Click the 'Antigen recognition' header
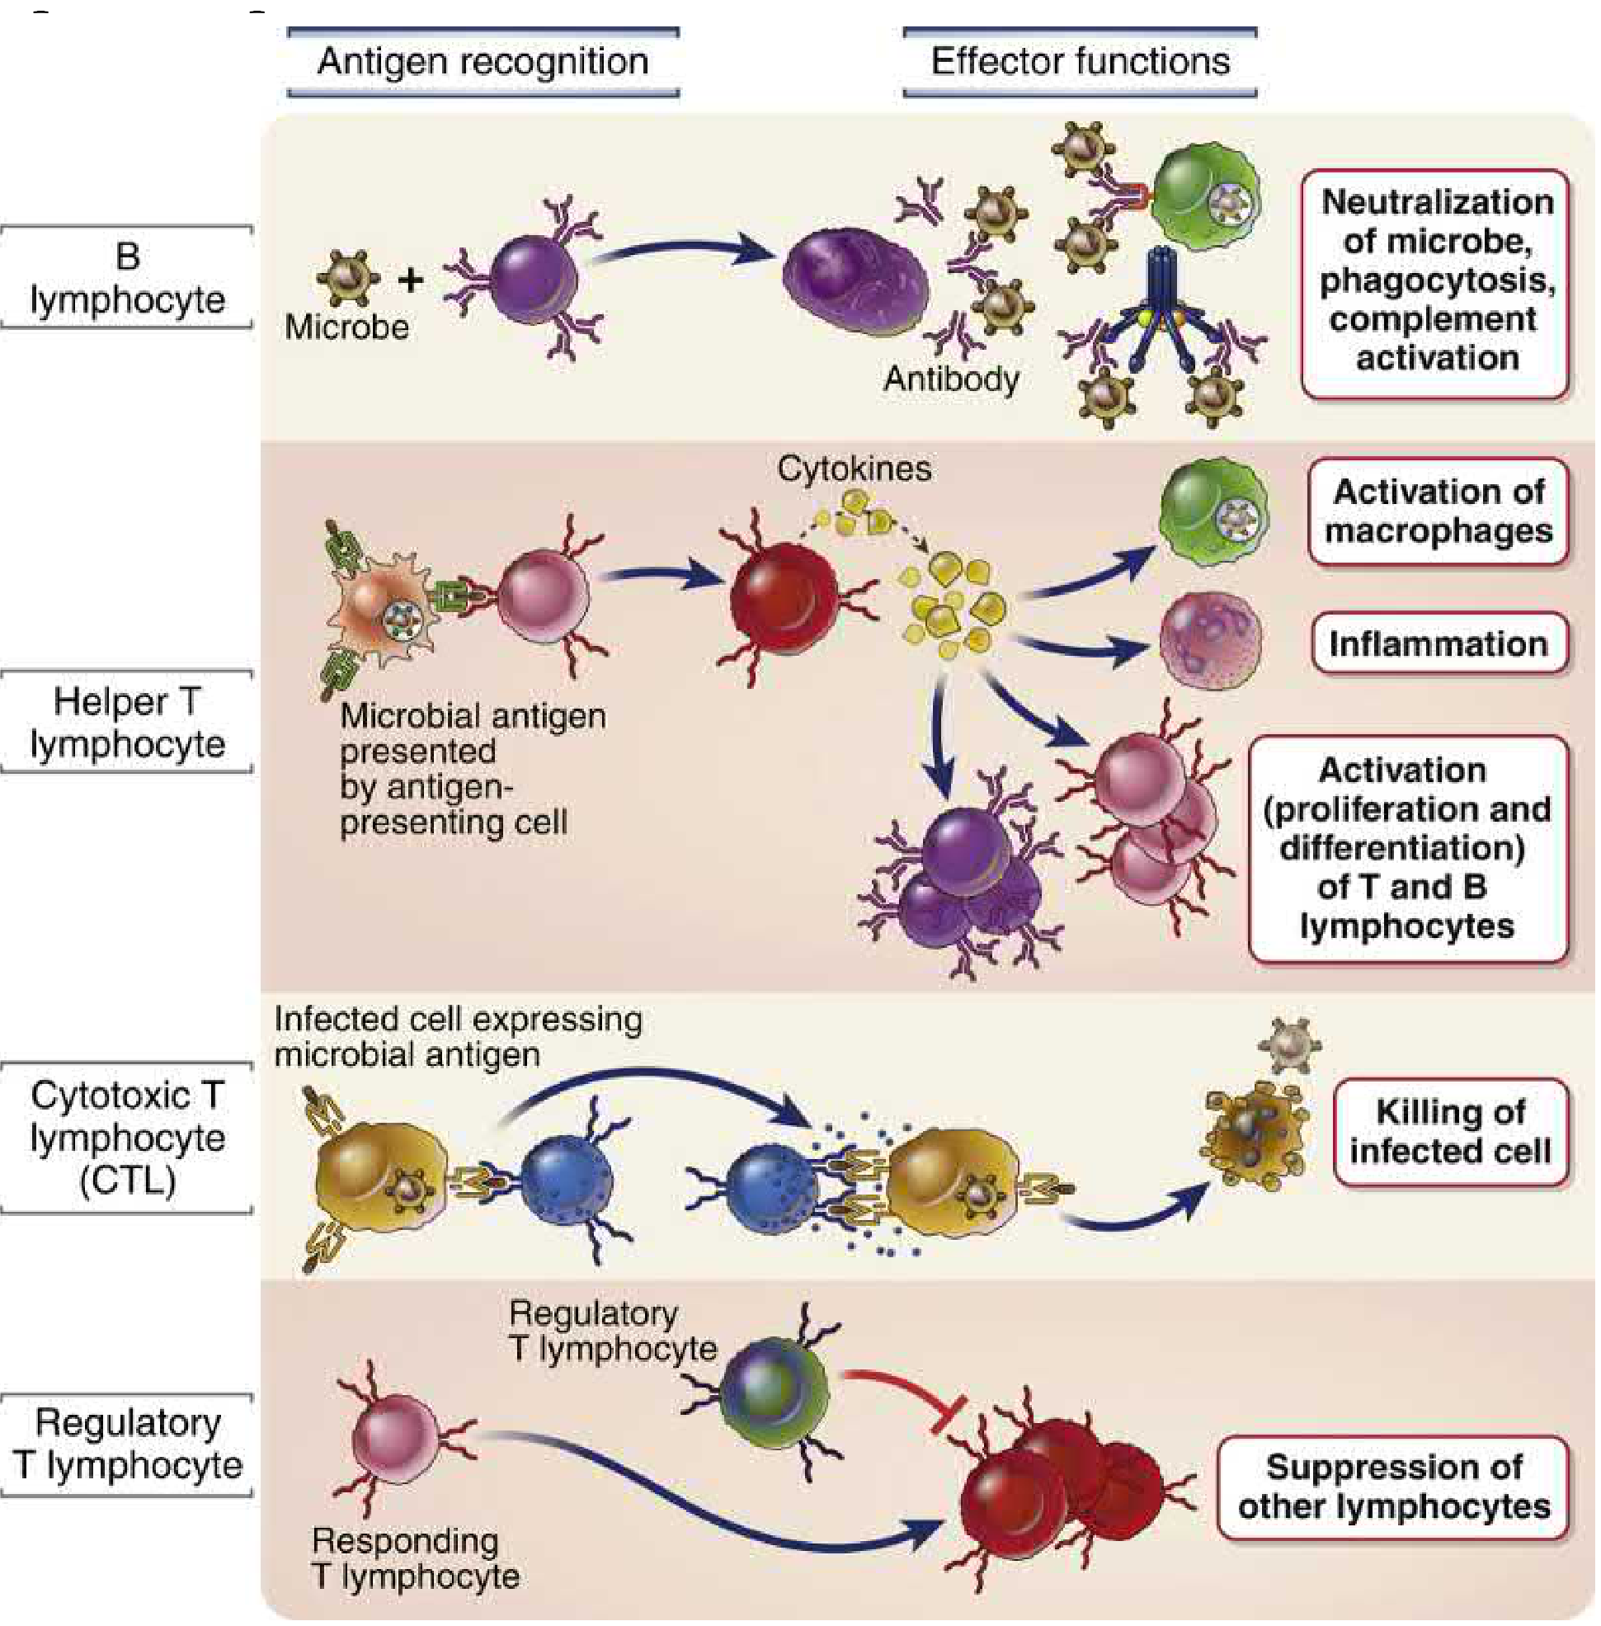483,61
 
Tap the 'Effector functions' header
1080,61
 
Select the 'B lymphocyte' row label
127,277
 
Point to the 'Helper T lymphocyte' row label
127,722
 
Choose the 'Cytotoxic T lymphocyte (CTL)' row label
127,1138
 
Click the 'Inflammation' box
1439,644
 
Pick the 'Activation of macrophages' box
1439,511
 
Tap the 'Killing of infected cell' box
1451,1131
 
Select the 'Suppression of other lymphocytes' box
1393,1487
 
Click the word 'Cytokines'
854,469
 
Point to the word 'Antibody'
951,379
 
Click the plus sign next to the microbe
410,280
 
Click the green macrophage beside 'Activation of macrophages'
1211,509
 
